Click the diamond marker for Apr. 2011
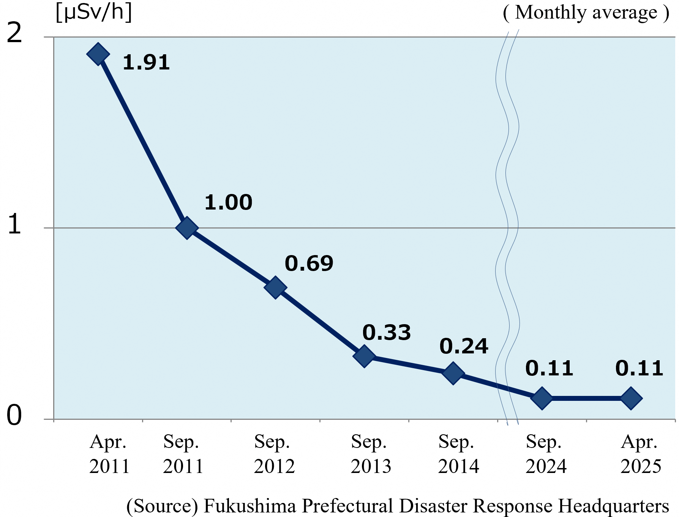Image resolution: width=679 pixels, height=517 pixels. pyautogui.click(x=98, y=54)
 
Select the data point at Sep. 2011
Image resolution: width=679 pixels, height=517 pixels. pyautogui.click(x=187, y=228)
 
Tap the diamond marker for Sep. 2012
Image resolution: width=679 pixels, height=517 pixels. pyautogui.click(x=275, y=287)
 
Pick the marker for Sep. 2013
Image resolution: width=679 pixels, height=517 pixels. pyautogui.click(x=364, y=356)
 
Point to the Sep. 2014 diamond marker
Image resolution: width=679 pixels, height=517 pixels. pyautogui.click(x=453, y=373)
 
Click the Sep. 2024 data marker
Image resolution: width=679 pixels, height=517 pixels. pyautogui.click(x=542, y=398)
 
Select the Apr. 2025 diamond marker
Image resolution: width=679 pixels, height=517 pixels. pyautogui.click(x=631, y=398)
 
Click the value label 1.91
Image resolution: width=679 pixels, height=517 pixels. pyautogui.click(x=146, y=63)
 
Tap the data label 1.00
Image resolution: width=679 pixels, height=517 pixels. pyautogui.click(x=228, y=202)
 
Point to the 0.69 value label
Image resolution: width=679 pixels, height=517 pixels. pyautogui.click(x=309, y=263)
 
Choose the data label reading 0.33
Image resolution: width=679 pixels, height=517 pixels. pyautogui.click(x=387, y=333)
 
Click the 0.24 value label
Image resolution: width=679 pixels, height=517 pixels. pyautogui.click(x=464, y=346)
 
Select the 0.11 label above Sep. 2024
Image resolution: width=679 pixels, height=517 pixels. pyautogui.click(x=549, y=368)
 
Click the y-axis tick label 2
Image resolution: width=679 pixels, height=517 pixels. pyautogui.click(x=14, y=33)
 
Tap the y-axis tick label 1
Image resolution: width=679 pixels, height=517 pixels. pyautogui.click(x=14, y=224)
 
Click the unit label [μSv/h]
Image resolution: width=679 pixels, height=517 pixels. pyautogui.click(x=94, y=12)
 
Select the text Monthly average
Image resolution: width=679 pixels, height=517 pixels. pyautogui.click(x=586, y=13)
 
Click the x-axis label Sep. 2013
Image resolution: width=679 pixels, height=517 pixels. pyautogui.click(x=371, y=454)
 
